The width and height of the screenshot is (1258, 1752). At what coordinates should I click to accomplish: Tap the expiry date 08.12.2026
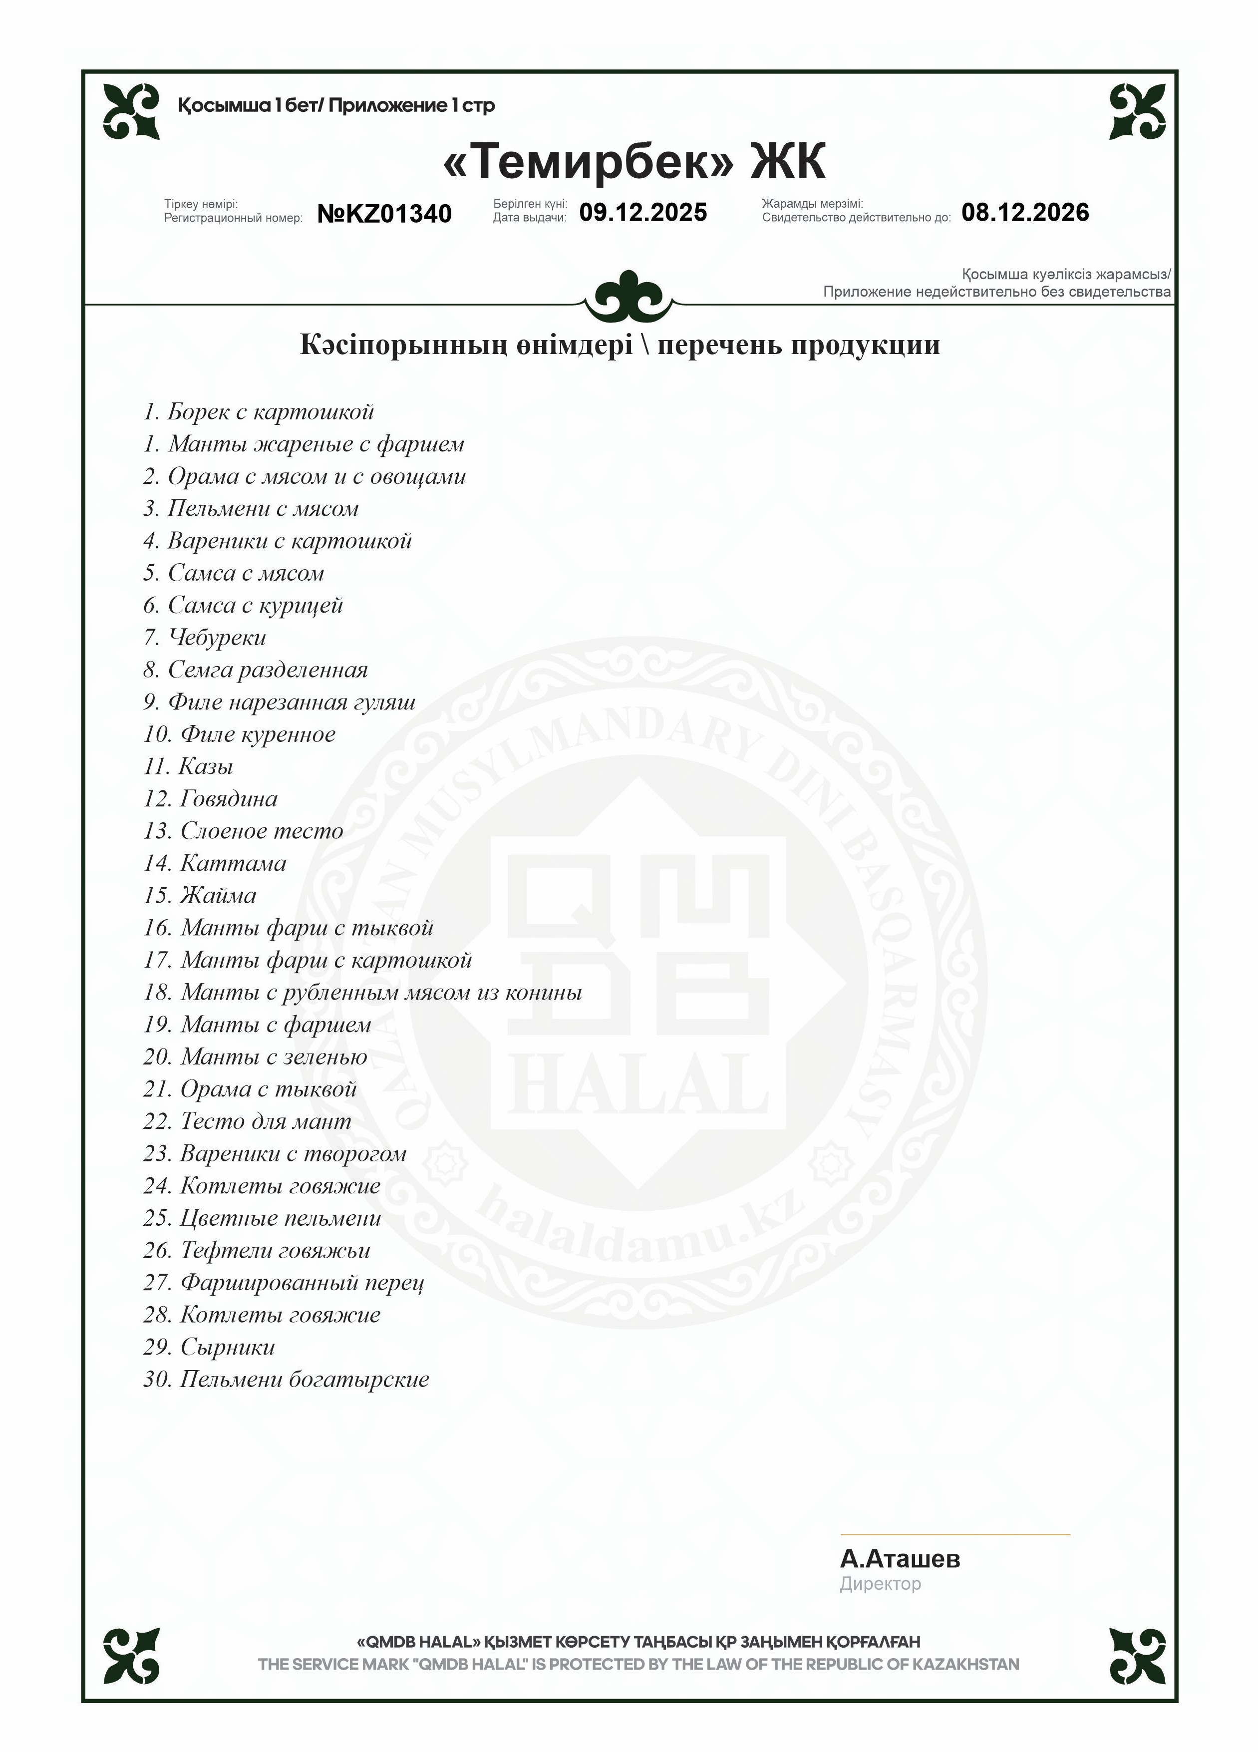[1025, 212]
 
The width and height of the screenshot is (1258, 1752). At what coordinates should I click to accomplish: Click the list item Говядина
[229, 799]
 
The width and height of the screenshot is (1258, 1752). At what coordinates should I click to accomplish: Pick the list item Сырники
[227, 1347]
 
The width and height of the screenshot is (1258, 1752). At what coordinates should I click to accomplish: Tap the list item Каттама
[233, 863]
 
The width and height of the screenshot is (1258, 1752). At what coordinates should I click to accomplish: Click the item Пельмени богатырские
[305, 1380]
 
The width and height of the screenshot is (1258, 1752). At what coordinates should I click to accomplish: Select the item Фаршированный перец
[302, 1283]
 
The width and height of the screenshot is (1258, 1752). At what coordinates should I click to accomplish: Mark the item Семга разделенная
[268, 670]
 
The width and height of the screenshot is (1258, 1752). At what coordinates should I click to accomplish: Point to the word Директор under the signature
[881, 1584]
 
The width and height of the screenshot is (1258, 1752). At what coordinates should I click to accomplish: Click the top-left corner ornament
[131, 111]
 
